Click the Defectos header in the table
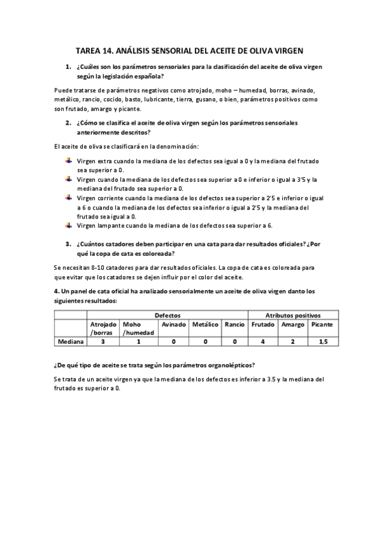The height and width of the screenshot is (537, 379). point(167,315)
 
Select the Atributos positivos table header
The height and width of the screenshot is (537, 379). point(292,315)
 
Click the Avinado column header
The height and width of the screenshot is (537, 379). point(173,324)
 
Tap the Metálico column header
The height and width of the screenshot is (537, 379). point(205,324)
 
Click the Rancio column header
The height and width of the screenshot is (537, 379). point(234,324)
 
